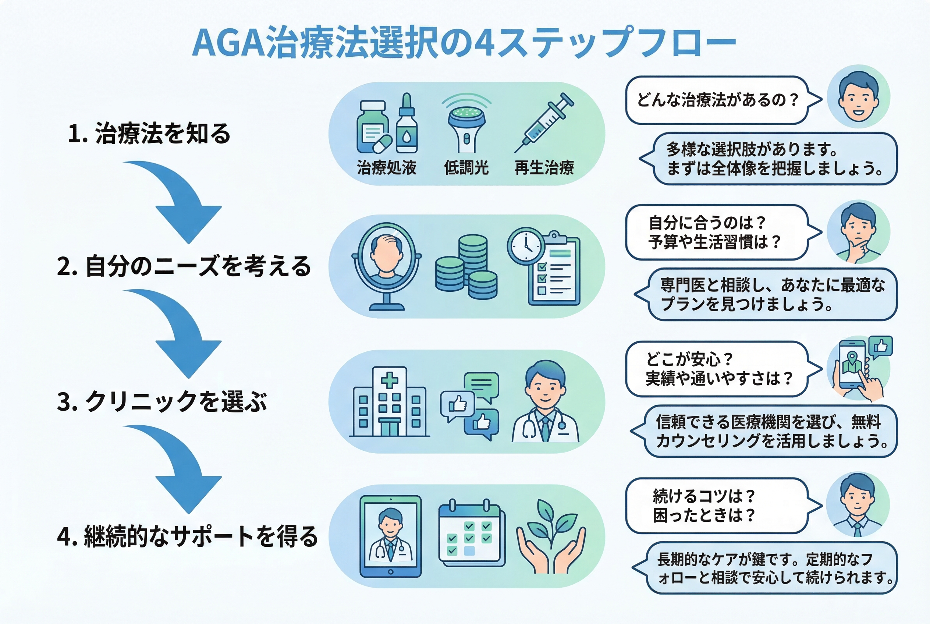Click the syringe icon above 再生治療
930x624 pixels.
coord(544,123)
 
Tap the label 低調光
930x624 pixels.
coord(466,167)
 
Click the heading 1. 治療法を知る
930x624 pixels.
coord(149,133)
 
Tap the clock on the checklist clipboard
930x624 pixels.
coord(526,245)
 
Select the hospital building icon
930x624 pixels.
coord(389,402)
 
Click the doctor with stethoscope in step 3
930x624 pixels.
coord(545,402)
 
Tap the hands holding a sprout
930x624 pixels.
coord(551,537)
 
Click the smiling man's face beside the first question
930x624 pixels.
coord(858,97)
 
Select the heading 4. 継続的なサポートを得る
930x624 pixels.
coord(187,536)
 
